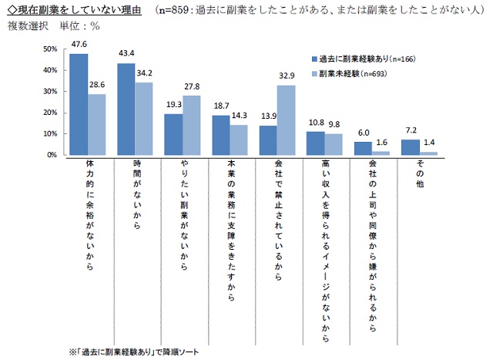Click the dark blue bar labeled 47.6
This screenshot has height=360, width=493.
79,105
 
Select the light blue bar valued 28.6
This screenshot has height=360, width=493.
97,125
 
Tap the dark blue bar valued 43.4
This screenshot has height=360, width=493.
126,109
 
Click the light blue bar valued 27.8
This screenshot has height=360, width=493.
193,126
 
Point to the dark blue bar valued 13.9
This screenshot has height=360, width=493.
269,140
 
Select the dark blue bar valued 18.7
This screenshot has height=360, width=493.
221,136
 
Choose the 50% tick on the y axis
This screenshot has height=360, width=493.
49,49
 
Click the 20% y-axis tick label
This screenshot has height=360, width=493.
49,113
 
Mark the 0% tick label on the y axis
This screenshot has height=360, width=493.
52,155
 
